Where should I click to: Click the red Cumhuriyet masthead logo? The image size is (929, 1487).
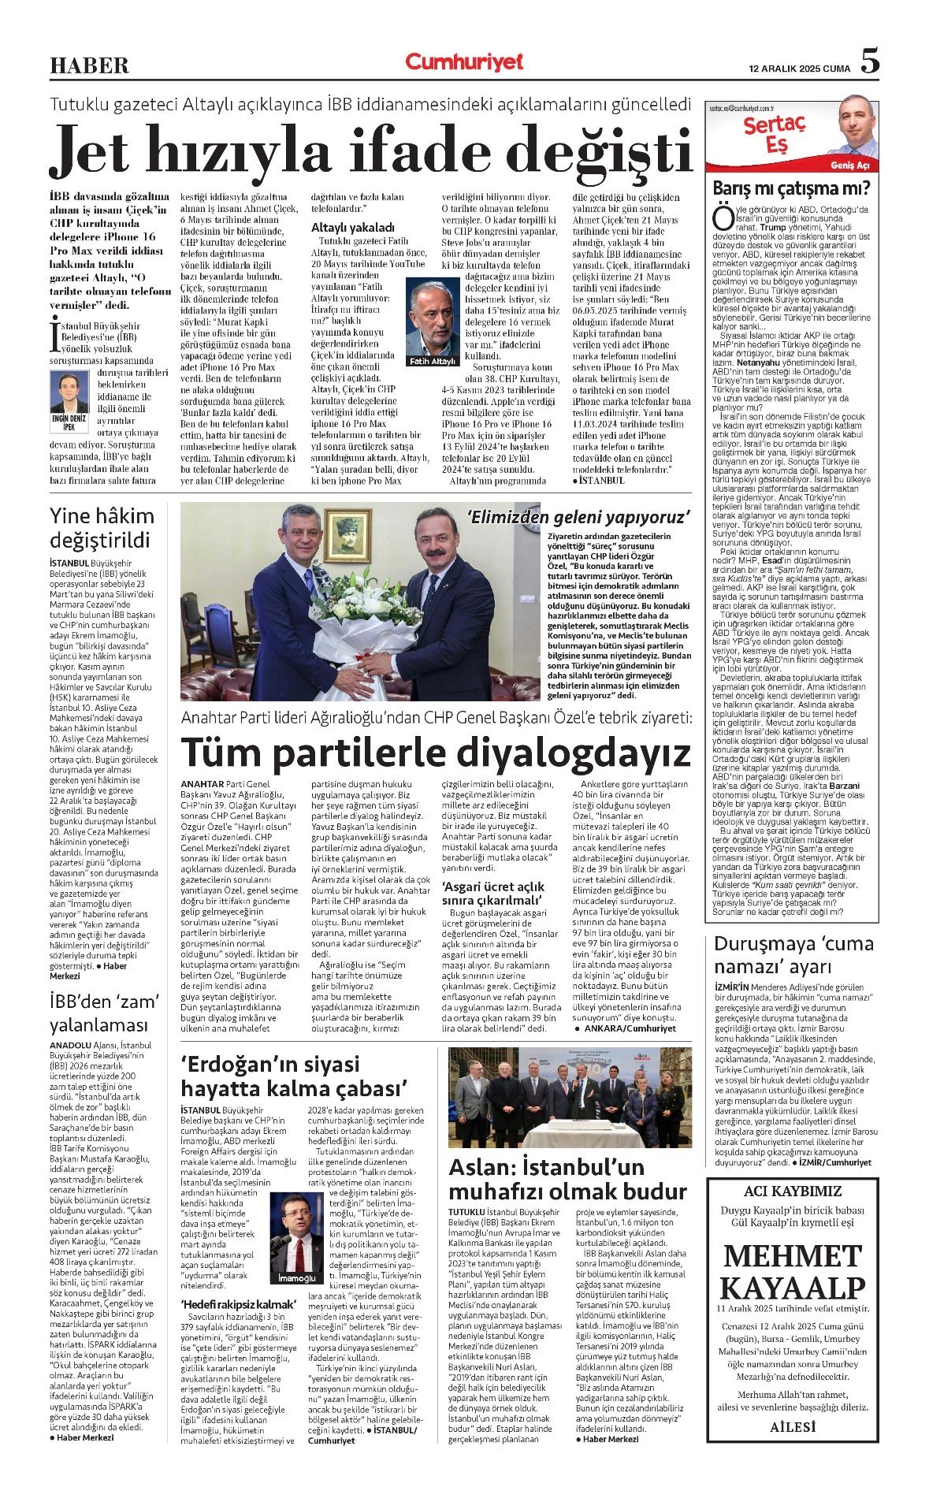click(464, 62)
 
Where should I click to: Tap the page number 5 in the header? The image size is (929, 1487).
click(869, 61)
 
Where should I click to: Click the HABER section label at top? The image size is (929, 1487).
click(89, 65)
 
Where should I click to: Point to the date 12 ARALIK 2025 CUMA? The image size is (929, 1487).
click(800, 69)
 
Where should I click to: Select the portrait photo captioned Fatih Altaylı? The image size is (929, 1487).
click(433, 319)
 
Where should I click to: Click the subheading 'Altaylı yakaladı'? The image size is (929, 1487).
click(353, 227)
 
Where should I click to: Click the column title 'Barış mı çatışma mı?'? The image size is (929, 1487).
click(791, 188)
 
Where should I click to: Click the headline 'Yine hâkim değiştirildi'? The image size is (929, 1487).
click(102, 528)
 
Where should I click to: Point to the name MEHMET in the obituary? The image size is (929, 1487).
click(793, 1256)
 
